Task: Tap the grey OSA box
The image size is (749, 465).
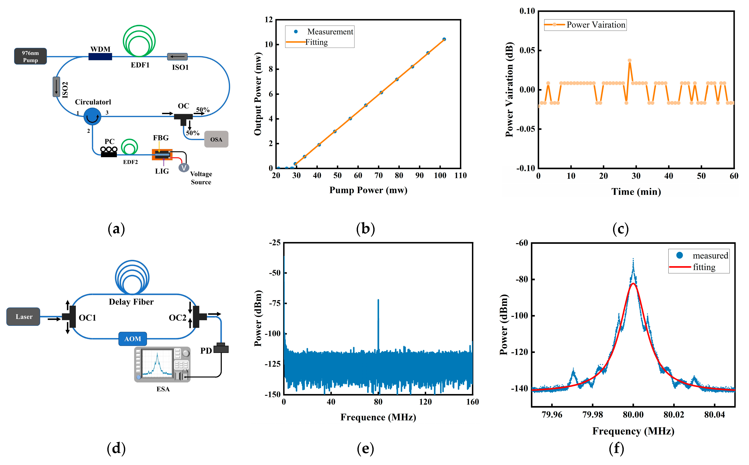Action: (x=216, y=139)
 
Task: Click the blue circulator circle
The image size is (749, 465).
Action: (x=92, y=117)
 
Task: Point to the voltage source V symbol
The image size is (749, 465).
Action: (x=184, y=168)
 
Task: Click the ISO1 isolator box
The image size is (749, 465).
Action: (x=177, y=57)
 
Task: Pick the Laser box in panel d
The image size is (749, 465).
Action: (x=23, y=317)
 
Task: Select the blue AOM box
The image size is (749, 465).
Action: (x=133, y=339)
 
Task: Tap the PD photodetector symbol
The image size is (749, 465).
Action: (x=221, y=348)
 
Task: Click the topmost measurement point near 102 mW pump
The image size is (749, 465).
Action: (x=444, y=39)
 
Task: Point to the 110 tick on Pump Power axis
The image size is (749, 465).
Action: (x=460, y=176)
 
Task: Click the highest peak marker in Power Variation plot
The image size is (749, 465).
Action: (x=630, y=61)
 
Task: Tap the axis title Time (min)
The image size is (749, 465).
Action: (x=636, y=192)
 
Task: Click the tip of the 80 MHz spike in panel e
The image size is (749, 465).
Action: (x=378, y=300)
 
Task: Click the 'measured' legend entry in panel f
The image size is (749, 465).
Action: (x=710, y=256)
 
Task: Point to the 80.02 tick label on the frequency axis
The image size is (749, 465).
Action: (x=674, y=415)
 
